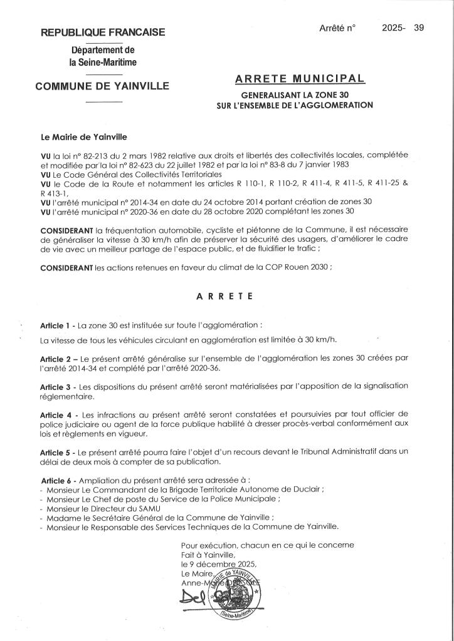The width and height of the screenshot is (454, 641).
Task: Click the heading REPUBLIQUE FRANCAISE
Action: tap(103, 32)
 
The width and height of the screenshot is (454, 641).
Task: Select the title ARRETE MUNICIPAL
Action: tap(299, 79)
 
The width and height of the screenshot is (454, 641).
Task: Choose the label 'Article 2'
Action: tap(57, 357)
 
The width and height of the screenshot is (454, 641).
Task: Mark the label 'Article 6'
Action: tap(57, 479)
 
